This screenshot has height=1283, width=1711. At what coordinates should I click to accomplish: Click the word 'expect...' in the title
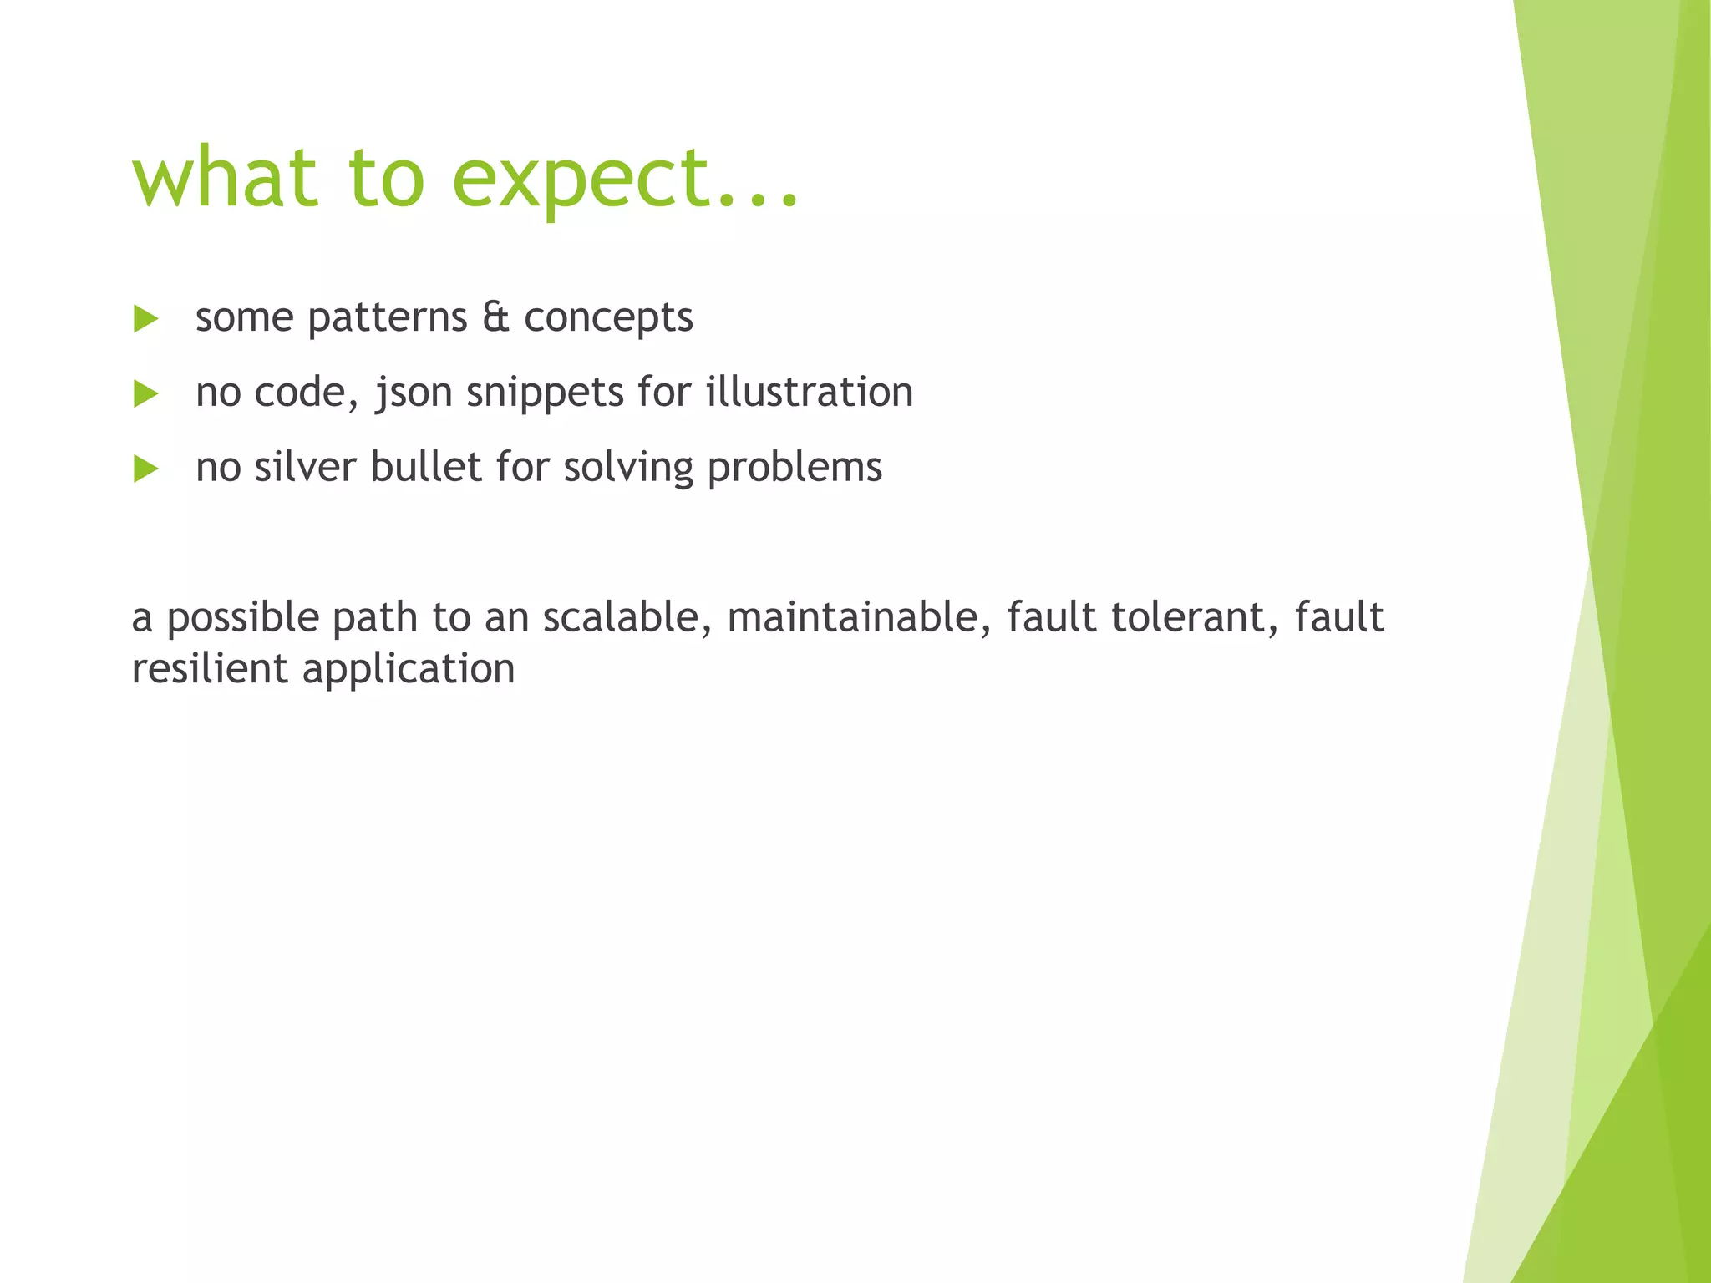[x=625, y=180]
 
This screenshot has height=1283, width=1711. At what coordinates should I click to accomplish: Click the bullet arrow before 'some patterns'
[x=145, y=319]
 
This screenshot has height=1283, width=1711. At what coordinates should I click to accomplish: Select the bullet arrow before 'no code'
[x=145, y=394]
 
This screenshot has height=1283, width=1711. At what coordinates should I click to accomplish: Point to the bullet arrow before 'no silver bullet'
[x=145, y=469]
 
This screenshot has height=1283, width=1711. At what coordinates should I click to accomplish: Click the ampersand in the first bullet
[x=495, y=317]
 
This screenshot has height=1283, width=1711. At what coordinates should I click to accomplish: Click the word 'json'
[x=413, y=393]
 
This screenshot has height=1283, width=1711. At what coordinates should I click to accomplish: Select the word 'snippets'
[x=545, y=393]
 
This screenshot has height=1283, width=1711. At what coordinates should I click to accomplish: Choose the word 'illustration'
[x=810, y=392]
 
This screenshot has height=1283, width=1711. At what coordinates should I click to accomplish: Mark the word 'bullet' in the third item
[x=426, y=467]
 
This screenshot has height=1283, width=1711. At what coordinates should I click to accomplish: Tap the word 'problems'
[x=795, y=468]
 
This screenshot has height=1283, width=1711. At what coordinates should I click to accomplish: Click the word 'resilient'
[x=209, y=669]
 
